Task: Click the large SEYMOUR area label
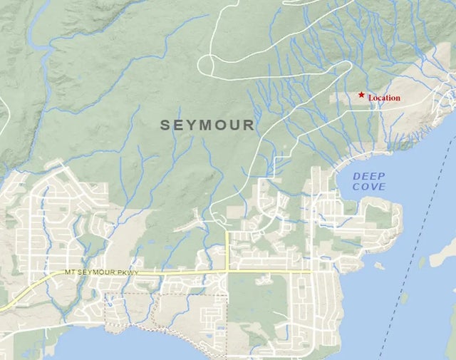point(207,125)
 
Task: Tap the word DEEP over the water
point(370,176)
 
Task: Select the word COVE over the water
point(370,187)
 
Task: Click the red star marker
point(362,95)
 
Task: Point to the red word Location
point(384,98)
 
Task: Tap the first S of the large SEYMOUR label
point(165,125)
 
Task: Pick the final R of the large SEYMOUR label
point(249,125)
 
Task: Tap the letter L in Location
point(370,98)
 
